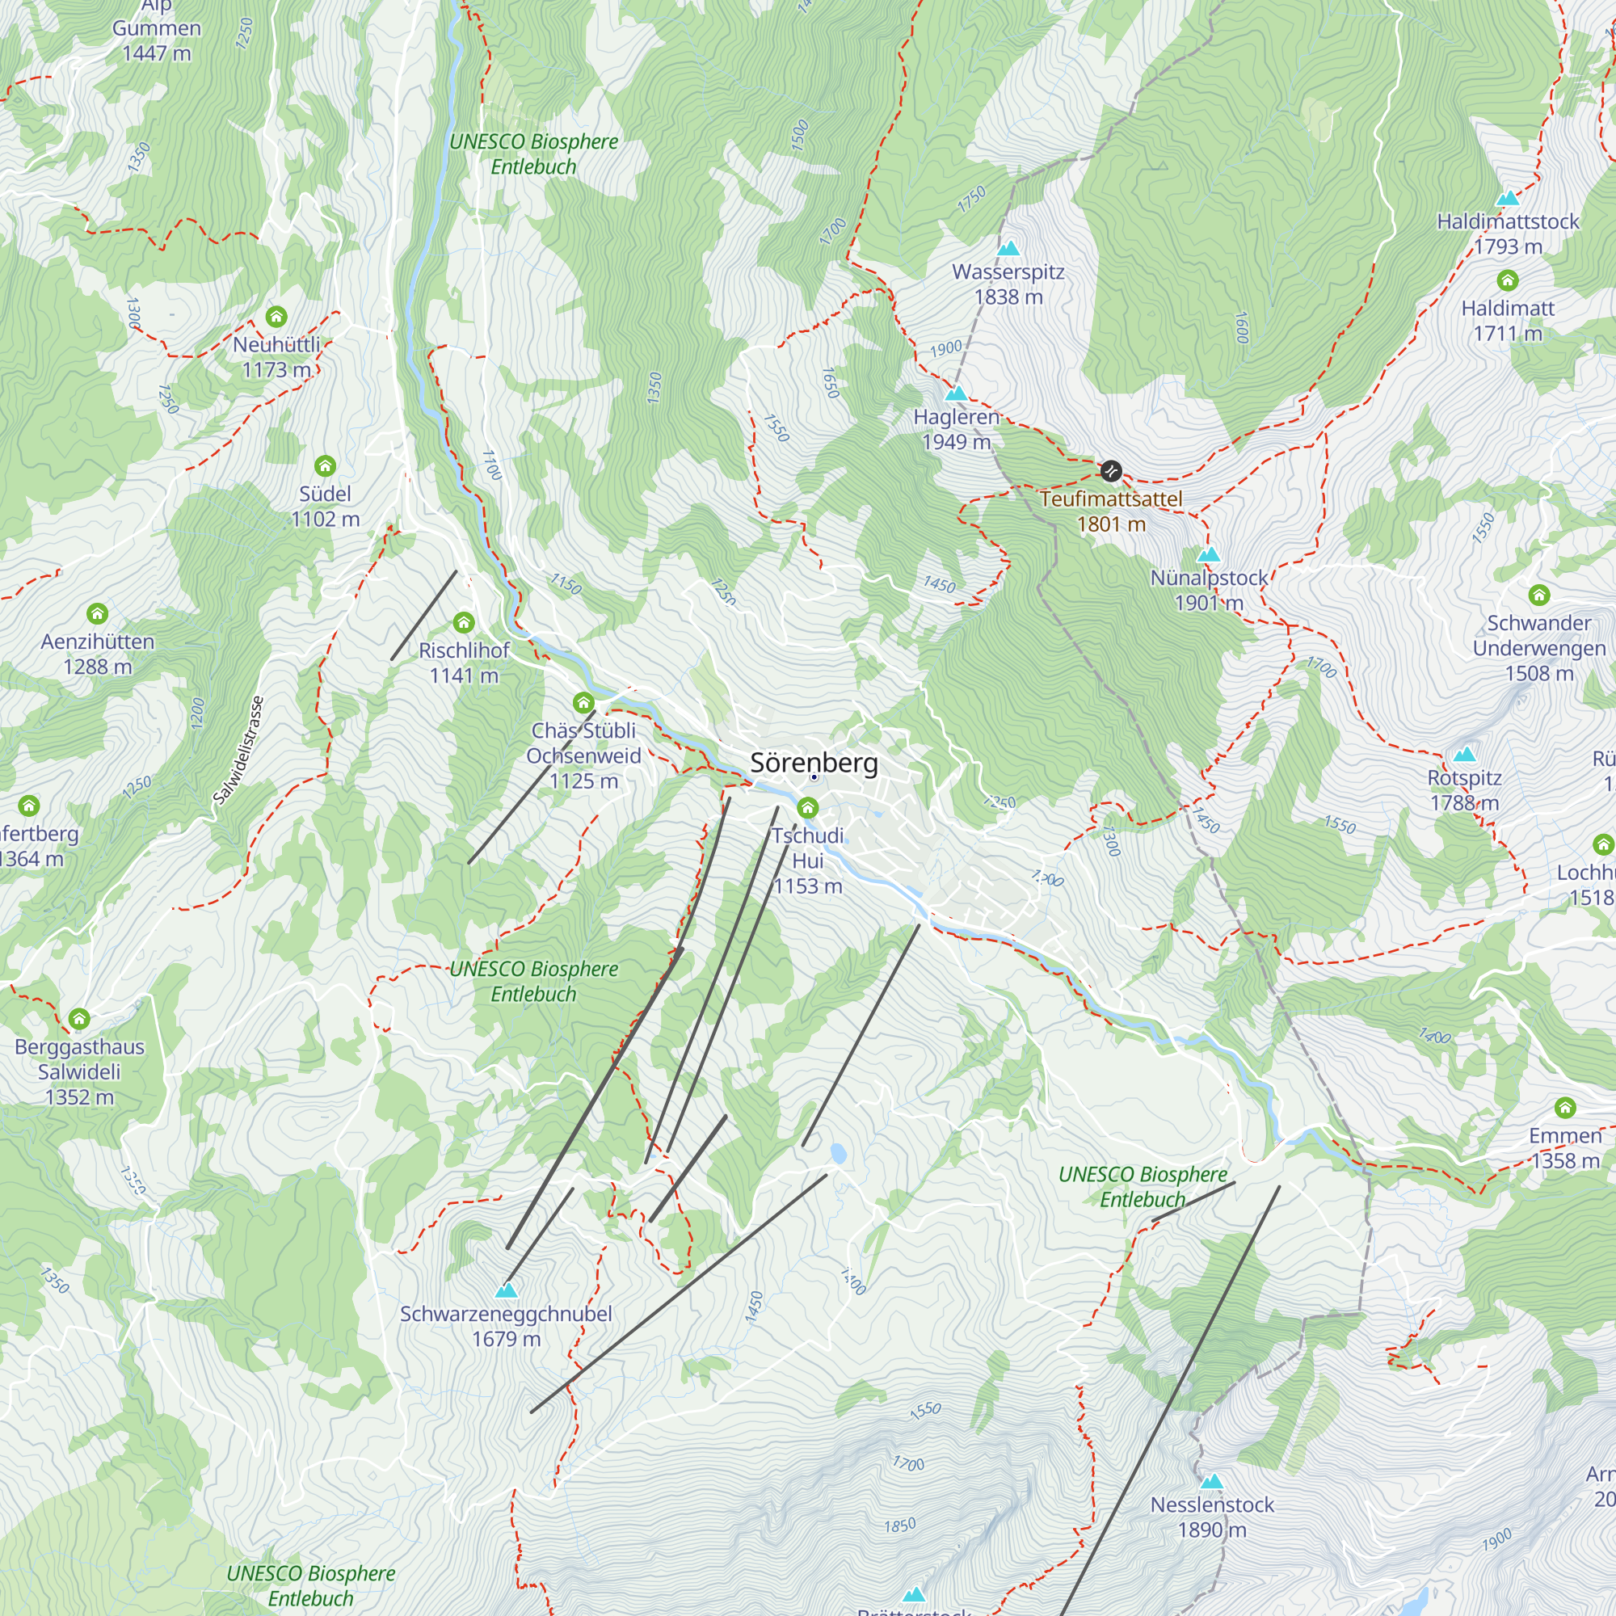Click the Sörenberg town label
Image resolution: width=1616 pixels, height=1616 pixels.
(x=814, y=763)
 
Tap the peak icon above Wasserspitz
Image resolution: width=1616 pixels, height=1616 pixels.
(x=1008, y=247)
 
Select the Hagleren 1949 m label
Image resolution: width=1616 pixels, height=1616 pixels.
(x=956, y=429)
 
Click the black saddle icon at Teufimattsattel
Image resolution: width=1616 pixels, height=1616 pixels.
(x=1110, y=471)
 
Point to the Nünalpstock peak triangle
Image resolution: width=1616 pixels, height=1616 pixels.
(x=1208, y=554)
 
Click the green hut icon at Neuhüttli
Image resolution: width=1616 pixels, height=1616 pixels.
(x=276, y=316)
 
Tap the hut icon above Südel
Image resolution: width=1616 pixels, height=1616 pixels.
(x=325, y=465)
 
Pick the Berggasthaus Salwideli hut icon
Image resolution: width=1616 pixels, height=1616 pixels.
(x=78, y=1018)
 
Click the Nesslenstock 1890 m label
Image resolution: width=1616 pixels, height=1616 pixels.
(x=1211, y=1517)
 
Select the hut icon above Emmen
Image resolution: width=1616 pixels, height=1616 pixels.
(x=1564, y=1108)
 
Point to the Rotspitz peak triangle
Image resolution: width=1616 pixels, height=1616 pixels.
(x=1464, y=755)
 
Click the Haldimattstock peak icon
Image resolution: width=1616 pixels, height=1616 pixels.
(x=1507, y=198)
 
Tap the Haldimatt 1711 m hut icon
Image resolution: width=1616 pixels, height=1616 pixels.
(x=1507, y=280)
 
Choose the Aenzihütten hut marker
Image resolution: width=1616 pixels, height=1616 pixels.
(x=97, y=613)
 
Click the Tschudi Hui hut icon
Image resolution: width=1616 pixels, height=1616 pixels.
(x=807, y=807)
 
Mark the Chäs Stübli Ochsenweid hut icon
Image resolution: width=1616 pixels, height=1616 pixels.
(x=583, y=702)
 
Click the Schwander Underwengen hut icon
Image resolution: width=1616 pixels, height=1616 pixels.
(x=1539, y=595)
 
